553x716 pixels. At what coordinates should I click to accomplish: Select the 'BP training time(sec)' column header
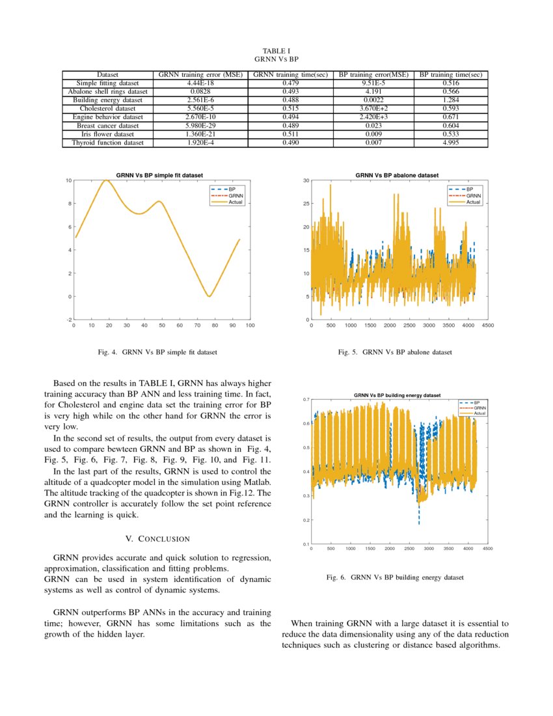click(451, 75)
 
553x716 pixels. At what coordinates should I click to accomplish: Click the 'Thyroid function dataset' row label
click(107, 143)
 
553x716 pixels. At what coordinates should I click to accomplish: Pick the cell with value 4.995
click(451, 143)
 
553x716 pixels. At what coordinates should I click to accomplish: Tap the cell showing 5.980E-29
click(200, 126)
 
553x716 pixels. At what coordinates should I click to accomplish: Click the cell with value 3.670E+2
click(375, 109)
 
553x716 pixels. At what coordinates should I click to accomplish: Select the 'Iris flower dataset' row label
click(107, 134)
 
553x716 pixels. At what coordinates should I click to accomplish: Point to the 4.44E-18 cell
click(200, 83)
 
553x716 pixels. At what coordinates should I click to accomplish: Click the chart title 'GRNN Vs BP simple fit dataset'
click(159, 175)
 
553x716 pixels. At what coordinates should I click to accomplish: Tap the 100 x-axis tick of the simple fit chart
click(250, 325)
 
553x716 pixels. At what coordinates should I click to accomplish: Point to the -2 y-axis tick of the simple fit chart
click(68, 320)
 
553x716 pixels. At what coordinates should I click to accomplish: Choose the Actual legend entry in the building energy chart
click(479, 413)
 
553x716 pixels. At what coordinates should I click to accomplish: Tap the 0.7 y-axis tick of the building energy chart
click(305, 399)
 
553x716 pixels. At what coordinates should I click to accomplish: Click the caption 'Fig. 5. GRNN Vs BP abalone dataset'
click(395, 352)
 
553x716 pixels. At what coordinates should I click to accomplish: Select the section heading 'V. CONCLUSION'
click(157, 539)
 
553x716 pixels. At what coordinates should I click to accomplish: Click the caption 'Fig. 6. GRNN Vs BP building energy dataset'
click(395, 577)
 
